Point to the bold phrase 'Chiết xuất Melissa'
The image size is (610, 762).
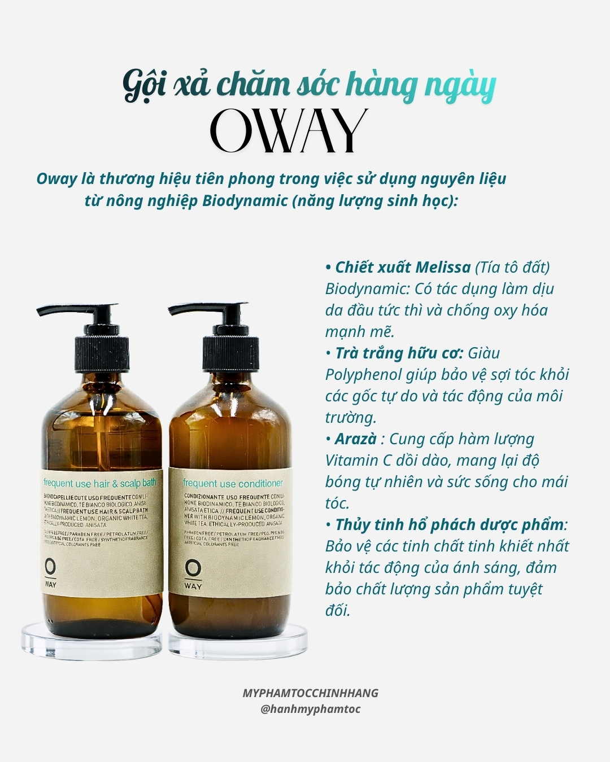point(402,268)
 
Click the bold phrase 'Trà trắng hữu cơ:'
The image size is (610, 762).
point(399,353)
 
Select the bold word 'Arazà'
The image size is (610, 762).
point(355,439)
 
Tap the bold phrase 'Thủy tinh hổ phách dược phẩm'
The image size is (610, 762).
point(449,525)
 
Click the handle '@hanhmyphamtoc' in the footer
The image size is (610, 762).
point(310,710)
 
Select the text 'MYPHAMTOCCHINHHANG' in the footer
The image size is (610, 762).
point(310,693)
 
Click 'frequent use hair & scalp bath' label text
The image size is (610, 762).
point(99,483)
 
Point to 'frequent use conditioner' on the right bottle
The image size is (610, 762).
point(233,483)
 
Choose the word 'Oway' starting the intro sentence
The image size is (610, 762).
point(56,179)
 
